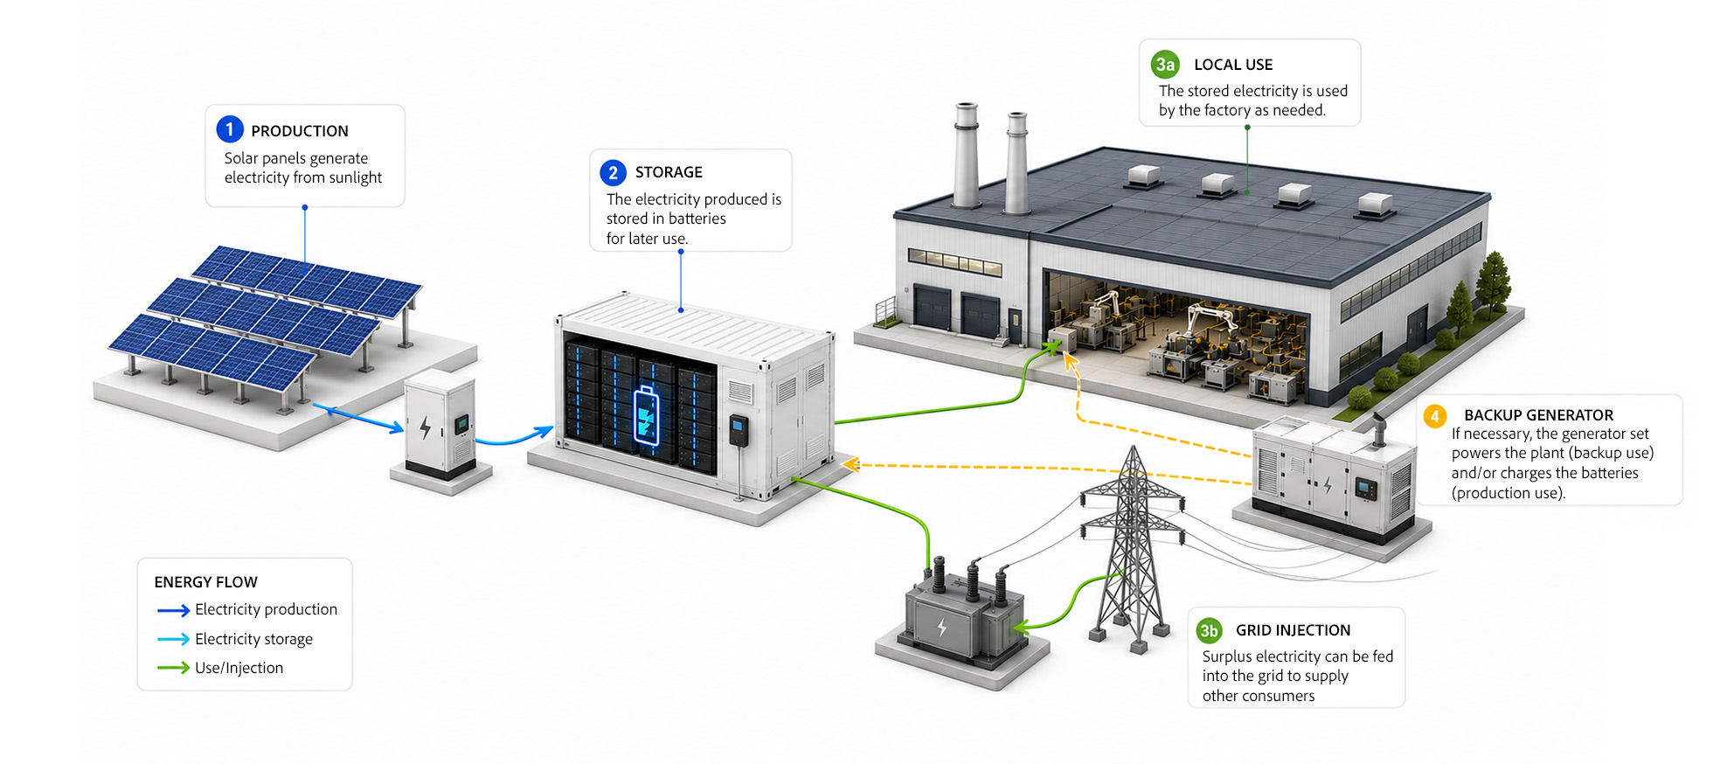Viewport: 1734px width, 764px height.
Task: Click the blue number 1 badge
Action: pos(230,129)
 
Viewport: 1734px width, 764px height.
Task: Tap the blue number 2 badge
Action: pos(614,172)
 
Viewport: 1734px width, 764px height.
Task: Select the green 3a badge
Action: pos(1165,64)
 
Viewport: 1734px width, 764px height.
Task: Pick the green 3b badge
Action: pos(1209,630)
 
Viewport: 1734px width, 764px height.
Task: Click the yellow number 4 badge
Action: pos(1434,415)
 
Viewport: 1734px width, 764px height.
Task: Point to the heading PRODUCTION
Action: pos(300,131)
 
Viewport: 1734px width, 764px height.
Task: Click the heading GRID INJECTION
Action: pos(1294,630)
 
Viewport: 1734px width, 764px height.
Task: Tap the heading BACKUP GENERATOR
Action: pos(1539,415)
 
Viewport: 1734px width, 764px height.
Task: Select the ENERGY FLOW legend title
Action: pos(206,582)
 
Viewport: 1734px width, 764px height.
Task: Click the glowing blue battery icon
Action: pos(646,415)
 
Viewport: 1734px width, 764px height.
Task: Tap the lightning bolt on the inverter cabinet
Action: pos(425,427)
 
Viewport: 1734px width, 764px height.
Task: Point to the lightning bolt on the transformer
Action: pos(941,627)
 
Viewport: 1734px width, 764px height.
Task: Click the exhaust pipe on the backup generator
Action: pos(1379,429)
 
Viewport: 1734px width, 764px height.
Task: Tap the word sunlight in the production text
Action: pos(355,177)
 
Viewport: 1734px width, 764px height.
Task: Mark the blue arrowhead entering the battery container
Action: pos(544,431)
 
